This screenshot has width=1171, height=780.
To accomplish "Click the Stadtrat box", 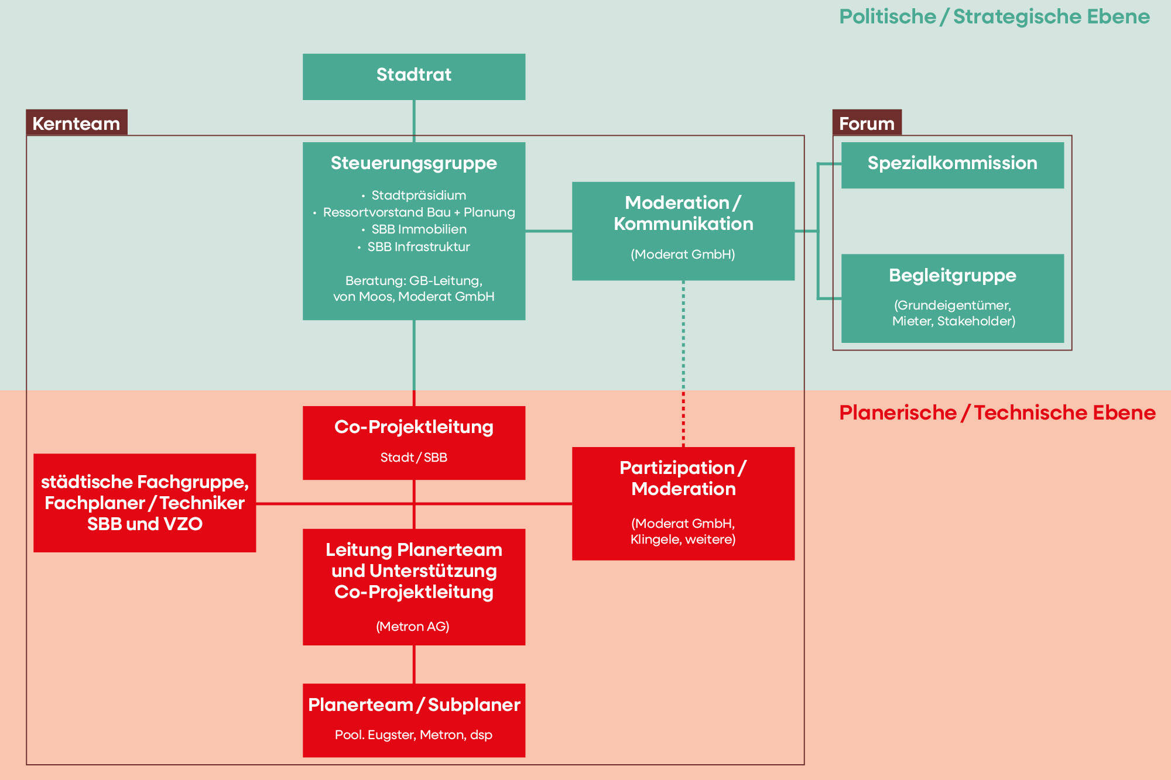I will point(413,77).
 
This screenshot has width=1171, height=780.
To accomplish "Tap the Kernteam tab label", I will point(76,123).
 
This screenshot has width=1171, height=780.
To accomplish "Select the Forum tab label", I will point(867,123).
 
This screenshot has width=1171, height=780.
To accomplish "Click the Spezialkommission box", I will point(952,164).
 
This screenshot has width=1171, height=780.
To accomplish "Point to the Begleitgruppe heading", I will point(952,276).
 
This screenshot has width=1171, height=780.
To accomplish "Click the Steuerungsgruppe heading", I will point(413,163).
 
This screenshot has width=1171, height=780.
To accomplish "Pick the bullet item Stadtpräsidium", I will point(418,195).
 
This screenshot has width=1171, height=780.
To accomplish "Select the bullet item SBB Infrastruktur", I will point(418,247).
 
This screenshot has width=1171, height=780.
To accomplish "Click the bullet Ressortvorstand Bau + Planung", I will point(419,212).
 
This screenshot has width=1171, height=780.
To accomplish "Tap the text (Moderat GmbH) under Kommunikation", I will point(683,255).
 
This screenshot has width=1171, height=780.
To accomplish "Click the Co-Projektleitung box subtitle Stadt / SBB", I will point(413,458).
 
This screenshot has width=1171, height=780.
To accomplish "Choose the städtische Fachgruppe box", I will point(145,503).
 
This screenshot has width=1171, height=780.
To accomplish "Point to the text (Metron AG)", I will point(412,627).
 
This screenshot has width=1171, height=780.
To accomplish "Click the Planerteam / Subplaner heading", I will point(414,705).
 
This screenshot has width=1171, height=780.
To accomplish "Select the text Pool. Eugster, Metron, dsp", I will point(413,735).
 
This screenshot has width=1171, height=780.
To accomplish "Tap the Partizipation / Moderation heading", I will point(683,479).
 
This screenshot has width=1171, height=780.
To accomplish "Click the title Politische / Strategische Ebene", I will point(994,17).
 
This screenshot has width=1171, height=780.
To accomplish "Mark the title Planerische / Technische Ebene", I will point(997,413).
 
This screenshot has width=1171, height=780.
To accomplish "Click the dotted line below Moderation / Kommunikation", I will point(683,363).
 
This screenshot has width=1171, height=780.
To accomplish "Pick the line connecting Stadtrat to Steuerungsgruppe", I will point(414,121).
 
